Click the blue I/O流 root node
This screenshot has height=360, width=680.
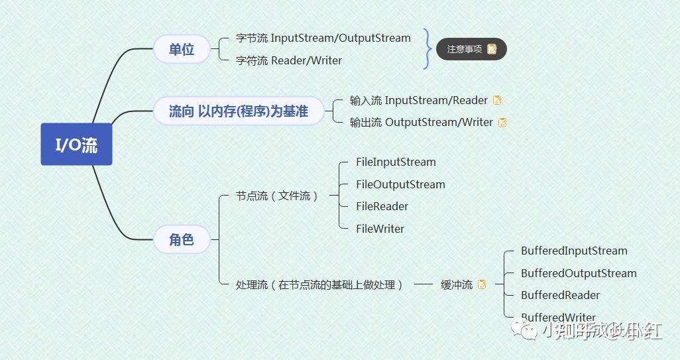coord(76,145)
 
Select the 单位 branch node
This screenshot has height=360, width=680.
coord(182,49)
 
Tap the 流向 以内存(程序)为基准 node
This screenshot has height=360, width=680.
coord(239,111)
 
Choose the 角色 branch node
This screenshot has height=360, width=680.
coord(182,239)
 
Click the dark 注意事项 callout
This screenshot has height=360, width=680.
coord(471,49)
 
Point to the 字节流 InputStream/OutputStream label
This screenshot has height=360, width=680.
coord(323,38)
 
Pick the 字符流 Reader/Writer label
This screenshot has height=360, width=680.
coord(289,60)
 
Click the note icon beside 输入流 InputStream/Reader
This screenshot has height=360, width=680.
coord(497,100)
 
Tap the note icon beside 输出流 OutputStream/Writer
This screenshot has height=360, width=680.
coord(502,122)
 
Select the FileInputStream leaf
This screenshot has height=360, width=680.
coord(396,162)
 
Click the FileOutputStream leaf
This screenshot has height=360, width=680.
coord(400,184)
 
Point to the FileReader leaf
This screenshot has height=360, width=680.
coord(382,206)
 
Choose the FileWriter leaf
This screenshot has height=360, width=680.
coord(380,229)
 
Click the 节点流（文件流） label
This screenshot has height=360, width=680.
coord(278,196)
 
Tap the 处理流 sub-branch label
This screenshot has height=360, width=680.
coord(319,284)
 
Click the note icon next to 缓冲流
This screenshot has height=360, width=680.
coord(482,284)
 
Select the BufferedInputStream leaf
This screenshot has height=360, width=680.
coord(574,251)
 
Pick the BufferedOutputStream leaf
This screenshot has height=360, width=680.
coord(579,273)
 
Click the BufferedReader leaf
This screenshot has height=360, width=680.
coord(560,295)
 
